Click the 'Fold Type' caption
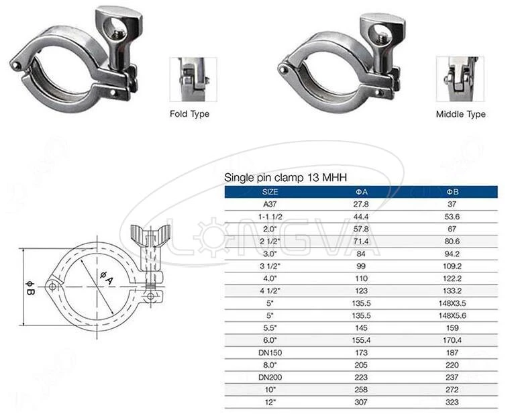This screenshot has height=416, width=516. [x=189, y=114]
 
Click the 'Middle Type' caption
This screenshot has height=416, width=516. [x=460, y=114]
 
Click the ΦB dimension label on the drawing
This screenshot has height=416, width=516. [x=30, y=291]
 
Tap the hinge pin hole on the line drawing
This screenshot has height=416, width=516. [x=52, y=287]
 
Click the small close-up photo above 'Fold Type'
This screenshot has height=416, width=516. [x=193, y=79]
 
